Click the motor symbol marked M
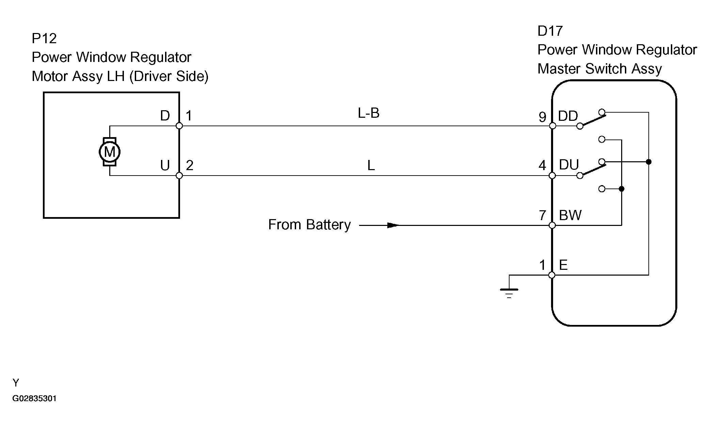click(x=110, y=152)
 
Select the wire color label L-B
click(x=369, y=113)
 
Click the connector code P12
click(x=44, y=38)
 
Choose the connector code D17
click(x=550, y=31)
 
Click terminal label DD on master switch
click(x=568, y=116)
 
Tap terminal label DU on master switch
click(x=569, y=165)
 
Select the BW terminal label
click(x=570, y=215)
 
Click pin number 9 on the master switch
click(x=543, y=117)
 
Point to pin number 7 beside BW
click(x=543, y=215)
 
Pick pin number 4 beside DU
click(x=542, y=166)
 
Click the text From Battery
click(x=309, y=225)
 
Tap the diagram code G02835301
click(x=34, y=398)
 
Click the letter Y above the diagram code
click(x=16, y=383)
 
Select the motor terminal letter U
click(x=165, y=166)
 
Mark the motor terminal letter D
click(x=165, y=116)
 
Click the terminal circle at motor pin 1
click(x=179, y=126)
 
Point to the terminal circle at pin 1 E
click(x=552, y=275)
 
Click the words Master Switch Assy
click(x=600, y=69)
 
